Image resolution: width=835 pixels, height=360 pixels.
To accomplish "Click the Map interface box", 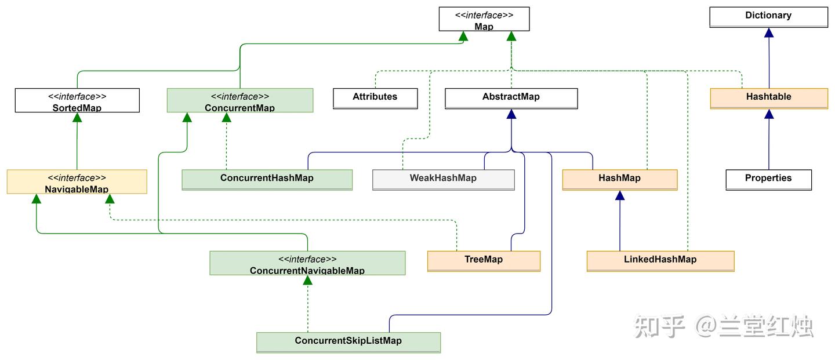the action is coord(484,19).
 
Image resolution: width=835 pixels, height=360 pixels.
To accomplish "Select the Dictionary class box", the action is coord(769,17).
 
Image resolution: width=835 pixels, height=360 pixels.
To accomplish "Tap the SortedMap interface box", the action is coord(77,100).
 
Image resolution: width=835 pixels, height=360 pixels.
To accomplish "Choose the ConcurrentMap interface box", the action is coord(240,100).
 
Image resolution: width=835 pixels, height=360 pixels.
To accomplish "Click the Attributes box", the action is coord(375,99).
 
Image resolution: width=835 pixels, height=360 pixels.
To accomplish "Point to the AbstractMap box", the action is coord(511,99).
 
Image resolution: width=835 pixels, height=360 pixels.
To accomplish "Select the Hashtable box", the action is coord(769,99).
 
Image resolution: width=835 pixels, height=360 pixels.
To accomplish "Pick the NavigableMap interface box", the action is coord(77,181).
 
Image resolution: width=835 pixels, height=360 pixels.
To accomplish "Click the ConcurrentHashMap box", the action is coord(267,180).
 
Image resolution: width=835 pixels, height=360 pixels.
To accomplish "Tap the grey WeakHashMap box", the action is coord(443,180).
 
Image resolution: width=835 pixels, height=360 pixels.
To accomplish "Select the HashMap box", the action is coord(619,180).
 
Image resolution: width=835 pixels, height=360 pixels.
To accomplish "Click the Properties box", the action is coord(768,180).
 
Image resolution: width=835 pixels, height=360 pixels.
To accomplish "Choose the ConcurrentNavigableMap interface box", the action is coord(307,263).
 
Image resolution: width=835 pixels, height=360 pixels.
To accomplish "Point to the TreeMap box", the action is coord(484,261).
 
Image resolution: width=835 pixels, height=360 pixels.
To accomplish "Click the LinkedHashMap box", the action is coord(660,261).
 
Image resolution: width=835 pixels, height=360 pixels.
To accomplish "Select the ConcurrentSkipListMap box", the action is coord(348,343).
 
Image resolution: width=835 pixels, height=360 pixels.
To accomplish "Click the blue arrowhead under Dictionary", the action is coord(769,33).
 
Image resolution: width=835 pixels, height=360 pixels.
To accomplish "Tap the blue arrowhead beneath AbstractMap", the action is coord(511,114).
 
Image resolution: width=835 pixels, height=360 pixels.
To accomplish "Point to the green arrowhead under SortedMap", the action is coord(77,117).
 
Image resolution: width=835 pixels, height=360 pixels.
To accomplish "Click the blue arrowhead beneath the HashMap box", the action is coord(619,195).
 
